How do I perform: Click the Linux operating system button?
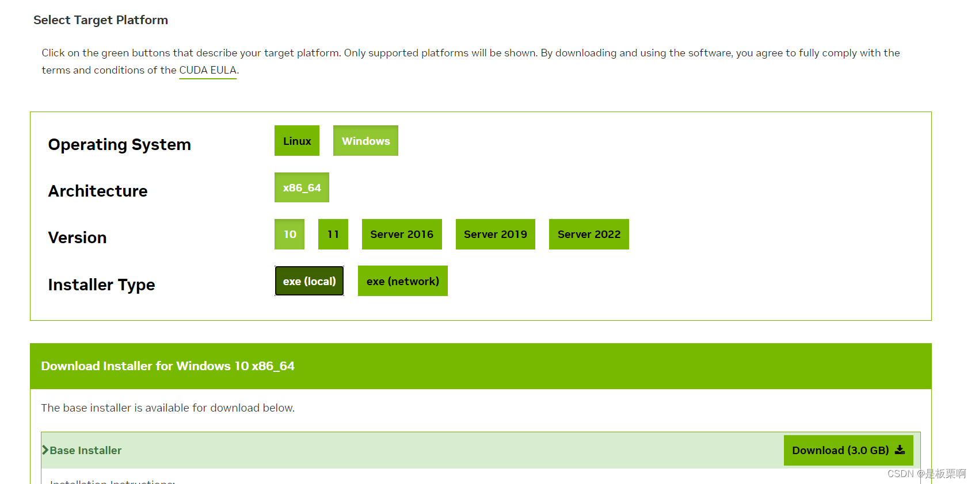pyautogui.click(x=297, y=141)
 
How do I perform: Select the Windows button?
pyautogui.click(x=365, y=141)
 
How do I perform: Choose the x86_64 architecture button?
pyautogui.click(x=302, y=188)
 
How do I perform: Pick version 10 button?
pyautogui.click(x=290, y=235)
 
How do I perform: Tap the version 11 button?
pyautogui.click(x=333, y=235)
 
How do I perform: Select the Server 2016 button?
pyautogui.click(x=402, y=235)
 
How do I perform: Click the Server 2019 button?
pyautogui.click(x=496, y=235)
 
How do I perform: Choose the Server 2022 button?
pyautogui.click(x=589, y=235)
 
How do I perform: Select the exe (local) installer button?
pyautogui.click(x=309, y=281)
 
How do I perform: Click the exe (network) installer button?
pyautogui.click(x=403, y=281)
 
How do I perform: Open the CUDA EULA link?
pyautogui.click(x=208, y=70)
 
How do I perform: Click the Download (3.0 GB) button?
pyautogui.click(x=840, y=451)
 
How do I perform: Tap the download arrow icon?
pyautogui.click(x=900, y=450)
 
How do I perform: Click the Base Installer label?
pyautogui.click(x=86, y=451)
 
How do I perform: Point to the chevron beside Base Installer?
pyautogui.click(x=45, y=450)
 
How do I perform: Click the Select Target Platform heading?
pyautogui.click(x=101, y=20)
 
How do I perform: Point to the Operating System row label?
pyautogui.click(x=120, y=145)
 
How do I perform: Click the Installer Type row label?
pyautogui.click(x=102, y=285)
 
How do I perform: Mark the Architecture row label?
pyautogui.click(x=98, y=191)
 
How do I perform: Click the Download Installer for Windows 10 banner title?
pyautogui.click(x=168, y=366)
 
